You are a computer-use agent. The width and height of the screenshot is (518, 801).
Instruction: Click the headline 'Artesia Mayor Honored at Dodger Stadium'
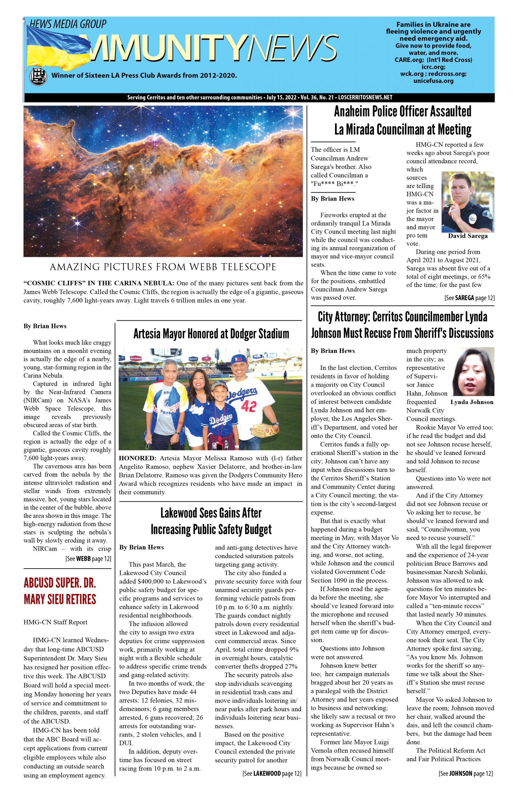click(x=211, y=334)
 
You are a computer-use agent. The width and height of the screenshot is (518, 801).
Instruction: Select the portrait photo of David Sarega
click(x=468, y=202)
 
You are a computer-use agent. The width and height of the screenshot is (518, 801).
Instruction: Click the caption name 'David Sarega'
click(x=468, y=236)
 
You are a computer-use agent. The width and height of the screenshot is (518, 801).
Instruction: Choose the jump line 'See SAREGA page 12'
click(x=469, y=298)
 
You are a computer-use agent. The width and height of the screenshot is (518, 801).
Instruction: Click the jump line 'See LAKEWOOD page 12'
click(x=272, y=773)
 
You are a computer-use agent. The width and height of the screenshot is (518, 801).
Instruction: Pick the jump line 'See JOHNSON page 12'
click(x=465, y=773)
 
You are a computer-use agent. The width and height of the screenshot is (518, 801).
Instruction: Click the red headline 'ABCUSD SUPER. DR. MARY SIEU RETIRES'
click(x=60, y=591)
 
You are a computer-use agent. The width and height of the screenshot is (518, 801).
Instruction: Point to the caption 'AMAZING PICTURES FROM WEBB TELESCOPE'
click(x=163, y=267)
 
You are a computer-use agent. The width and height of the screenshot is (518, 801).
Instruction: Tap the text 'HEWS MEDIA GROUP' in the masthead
click(x=68, y=24)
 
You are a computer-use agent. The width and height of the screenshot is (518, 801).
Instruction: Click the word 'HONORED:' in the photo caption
click(x=138, y=458)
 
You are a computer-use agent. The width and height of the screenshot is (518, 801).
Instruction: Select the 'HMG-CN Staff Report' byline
click(x=55, y=622)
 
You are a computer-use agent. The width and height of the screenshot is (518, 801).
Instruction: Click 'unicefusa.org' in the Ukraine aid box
click(x=433, y=81)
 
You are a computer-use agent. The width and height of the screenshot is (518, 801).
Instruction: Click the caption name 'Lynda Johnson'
click(x=472, y=402)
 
